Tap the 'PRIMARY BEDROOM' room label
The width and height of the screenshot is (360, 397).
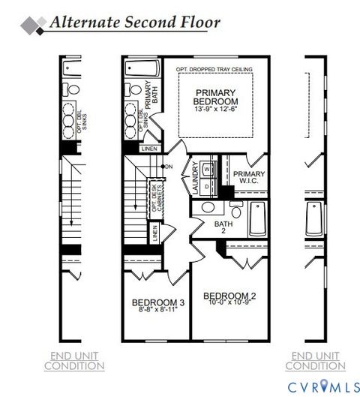click(x=215, y=98)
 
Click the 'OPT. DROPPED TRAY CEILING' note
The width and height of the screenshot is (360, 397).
click(x=214, y=70)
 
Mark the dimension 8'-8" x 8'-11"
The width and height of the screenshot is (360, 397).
click(x=157, y=312)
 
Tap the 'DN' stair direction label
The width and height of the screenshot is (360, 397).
click(x=169, y=166)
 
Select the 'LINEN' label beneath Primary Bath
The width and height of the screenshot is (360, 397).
click(x=148, y=149)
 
